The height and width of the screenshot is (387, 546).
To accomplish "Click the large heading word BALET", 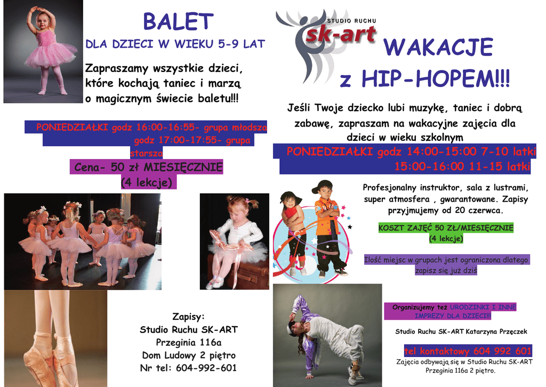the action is tap(178, 21).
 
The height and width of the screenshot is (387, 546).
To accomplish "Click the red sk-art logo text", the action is tap(341, 34).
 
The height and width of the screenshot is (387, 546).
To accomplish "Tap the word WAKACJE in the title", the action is tap(438, 47).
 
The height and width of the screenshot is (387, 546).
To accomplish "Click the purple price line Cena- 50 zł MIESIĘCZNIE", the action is tap(148, 167).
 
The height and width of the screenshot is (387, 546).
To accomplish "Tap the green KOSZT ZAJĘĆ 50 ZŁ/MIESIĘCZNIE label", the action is tap(446, 228).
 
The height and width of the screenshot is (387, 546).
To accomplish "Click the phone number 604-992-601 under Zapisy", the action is tap(206, 368).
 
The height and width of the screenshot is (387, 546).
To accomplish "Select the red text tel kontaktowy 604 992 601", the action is tap(468, 351).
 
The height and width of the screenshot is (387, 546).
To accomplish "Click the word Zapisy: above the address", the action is tap(188, 317).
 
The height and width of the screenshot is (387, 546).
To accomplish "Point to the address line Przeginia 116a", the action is tap(189, 342).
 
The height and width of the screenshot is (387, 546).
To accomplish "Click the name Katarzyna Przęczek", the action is tap(496, 331).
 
